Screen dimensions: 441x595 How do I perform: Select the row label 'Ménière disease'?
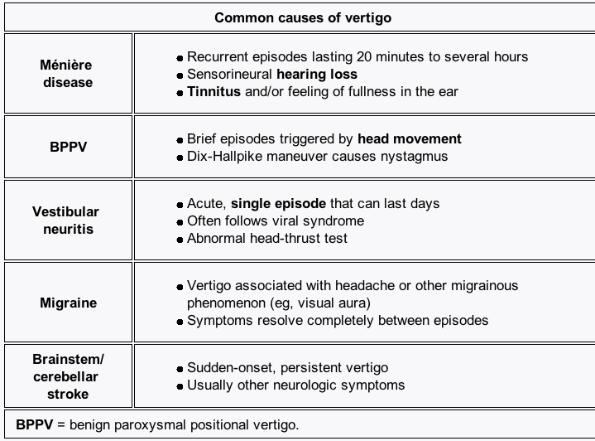click(66, 74)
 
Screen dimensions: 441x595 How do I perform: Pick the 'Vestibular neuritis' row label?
click(66, 220)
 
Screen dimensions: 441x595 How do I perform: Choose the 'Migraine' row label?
click(68, 303)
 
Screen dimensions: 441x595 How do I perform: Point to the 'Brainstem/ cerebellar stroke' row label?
click(68, 376)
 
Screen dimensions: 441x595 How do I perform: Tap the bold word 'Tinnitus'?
click(214, 91)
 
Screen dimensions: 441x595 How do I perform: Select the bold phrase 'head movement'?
click(410, 139)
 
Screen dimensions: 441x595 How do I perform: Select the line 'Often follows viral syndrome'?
click(275, 221)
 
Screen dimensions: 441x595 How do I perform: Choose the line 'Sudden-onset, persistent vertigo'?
click(287, 367)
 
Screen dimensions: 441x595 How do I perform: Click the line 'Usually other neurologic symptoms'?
click(295, 385)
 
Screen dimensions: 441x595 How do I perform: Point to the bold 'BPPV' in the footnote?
click(34, 425)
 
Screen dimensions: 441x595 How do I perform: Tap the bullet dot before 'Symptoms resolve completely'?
click(180, 321)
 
